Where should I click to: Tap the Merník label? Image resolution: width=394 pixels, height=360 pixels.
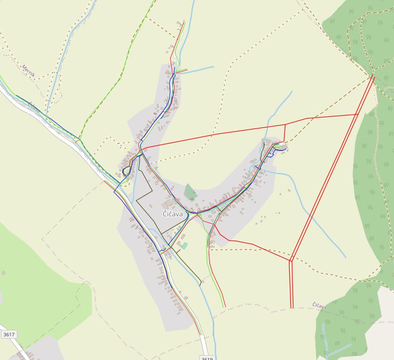click(x=29, y=71)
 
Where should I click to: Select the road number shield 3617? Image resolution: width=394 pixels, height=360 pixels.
click(x=9, y=334)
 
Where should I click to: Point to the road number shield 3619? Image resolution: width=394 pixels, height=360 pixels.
click(x=207, y=358)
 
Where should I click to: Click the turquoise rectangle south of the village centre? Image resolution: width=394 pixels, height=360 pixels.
click(x=185, y=245)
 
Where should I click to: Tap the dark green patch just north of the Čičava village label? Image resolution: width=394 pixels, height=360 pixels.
click(x=190, y=192)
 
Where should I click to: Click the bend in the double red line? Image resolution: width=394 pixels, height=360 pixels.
click(x=291, y=260)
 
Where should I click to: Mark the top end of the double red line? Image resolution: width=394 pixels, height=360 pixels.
click(x=373, y=76)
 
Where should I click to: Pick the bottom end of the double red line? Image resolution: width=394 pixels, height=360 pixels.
click(x=292, y=307)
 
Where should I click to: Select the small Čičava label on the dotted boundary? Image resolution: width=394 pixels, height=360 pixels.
click(x=318, y=305)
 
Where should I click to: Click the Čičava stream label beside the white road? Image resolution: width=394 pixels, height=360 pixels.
click(x=33, y=108)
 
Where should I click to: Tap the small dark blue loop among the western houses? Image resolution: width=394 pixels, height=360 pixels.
click(x=126, y=171)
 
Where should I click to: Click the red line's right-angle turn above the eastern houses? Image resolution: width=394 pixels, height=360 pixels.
click(x=285, y=125)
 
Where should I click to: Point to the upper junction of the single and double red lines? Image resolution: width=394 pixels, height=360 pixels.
click(x=358, y=115)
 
